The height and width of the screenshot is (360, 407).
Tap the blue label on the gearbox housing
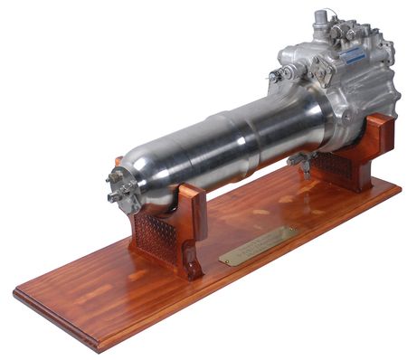click(352, 55)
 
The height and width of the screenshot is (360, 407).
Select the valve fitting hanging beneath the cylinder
click(300, 163)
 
